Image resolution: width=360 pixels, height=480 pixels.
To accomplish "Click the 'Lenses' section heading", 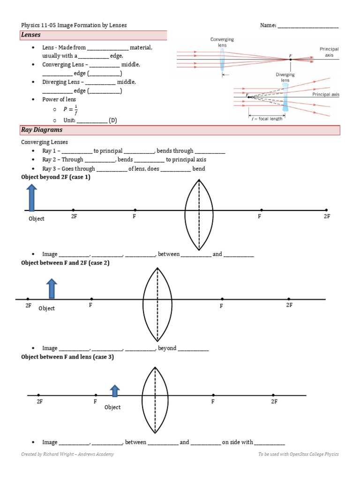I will click(x=31, y=35).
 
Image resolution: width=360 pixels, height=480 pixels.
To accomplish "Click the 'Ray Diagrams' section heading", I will click(x=42, y=130).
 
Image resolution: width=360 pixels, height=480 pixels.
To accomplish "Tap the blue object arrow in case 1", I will click(x=31, y=198).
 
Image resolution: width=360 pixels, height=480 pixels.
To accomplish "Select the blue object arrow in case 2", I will click(x=52, y=288).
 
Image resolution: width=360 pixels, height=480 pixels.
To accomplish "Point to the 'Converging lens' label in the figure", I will click(x=222, y=43).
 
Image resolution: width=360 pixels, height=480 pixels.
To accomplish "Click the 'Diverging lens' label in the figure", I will click(x=285, y=77).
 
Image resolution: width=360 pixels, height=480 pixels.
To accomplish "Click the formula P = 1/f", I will click(x=71, y=110).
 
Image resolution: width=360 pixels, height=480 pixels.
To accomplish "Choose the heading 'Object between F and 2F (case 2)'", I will click(x=65, y=263).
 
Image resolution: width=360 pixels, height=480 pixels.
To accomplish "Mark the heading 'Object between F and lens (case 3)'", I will click(x=67, y=357).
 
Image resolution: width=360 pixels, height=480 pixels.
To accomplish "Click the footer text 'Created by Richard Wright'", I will click(x=67, y=454).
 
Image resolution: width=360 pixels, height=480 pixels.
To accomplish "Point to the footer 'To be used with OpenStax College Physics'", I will click(x=298, y=454).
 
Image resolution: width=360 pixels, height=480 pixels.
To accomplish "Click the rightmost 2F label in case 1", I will click(x=327, y=217).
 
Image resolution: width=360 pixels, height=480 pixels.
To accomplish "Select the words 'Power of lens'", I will click(x=59, y=99).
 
